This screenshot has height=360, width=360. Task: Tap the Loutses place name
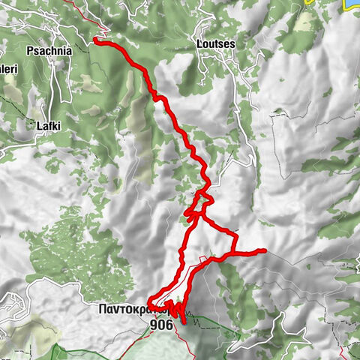[x=214, y=44]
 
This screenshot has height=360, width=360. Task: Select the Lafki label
[x=48, y=127]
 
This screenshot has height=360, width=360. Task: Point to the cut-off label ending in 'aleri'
[x=8, y=70]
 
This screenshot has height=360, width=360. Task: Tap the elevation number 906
[x=161, y=325]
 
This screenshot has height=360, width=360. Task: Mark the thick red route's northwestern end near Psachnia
[x=96, y=40]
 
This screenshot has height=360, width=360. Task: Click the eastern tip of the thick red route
[x=264, y=250]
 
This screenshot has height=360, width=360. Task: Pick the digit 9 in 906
[x=154, y=325]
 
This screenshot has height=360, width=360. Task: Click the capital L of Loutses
[x=197, y=44]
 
